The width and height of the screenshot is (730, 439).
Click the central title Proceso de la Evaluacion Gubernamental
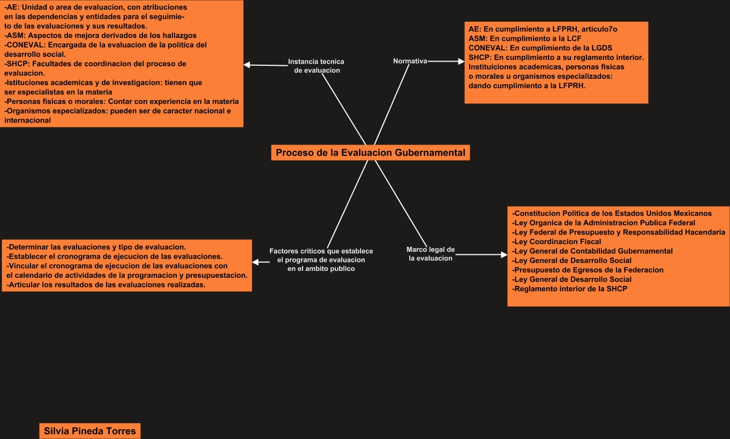coord(370,153)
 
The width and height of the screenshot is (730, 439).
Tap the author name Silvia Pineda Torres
coord(89,431)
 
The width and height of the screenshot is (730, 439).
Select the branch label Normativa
coord(410,61)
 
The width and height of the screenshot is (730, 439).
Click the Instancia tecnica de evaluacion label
coord(316,66)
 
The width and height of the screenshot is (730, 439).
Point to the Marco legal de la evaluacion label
coord(431,254)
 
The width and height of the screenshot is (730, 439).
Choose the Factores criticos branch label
coord(321,260)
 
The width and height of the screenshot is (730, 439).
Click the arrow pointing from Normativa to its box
coord(446,62)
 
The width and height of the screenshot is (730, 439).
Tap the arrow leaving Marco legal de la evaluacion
coord(480,255)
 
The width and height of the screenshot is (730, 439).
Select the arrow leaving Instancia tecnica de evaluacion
coord(266,65)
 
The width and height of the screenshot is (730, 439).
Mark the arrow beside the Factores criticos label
coord(261,262)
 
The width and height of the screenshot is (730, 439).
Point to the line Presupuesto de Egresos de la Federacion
coord(588,270)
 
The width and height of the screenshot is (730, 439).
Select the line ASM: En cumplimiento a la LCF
coord(525,38)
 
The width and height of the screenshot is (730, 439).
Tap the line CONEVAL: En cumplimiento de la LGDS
coord(540,48)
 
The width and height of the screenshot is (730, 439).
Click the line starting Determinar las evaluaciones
coord(96,247)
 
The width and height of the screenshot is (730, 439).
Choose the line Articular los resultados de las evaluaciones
coord(107,285)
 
